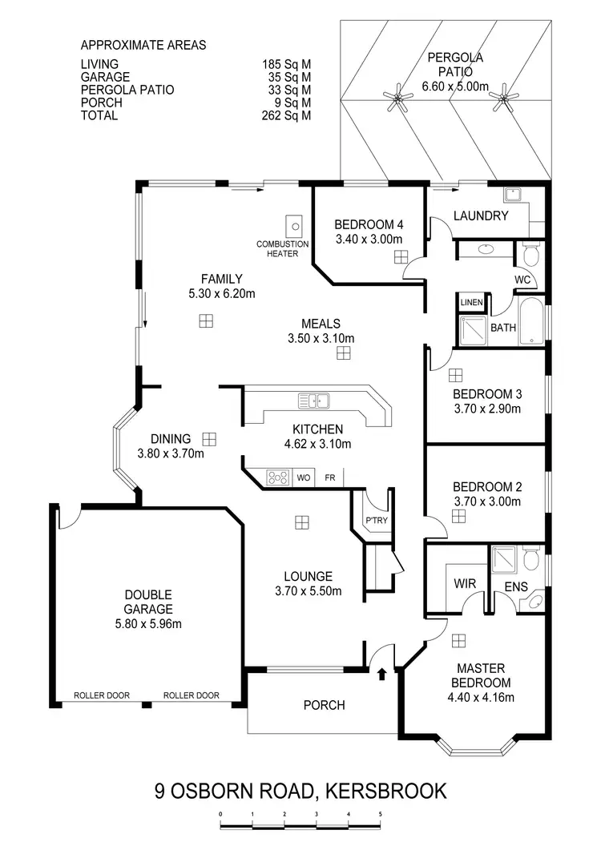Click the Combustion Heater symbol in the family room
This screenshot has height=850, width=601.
click(293, 225)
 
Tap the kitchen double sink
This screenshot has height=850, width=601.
click(313, 400)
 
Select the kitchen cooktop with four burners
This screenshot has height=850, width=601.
click(278, 478)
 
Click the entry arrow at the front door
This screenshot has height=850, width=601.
click(381, 675)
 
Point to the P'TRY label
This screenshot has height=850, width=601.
click(377, 521)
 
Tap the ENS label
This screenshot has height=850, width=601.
click(515, 586)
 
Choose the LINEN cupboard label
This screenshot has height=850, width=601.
click(470, 303)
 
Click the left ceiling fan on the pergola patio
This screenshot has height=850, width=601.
click(397, 99)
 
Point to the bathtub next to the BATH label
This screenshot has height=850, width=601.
click(531, 322)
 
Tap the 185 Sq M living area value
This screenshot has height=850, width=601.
click(286, 65)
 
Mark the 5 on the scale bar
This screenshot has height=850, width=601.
click(380, 816)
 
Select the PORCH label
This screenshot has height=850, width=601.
click(324, 705)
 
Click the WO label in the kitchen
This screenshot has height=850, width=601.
click(304, 478)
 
